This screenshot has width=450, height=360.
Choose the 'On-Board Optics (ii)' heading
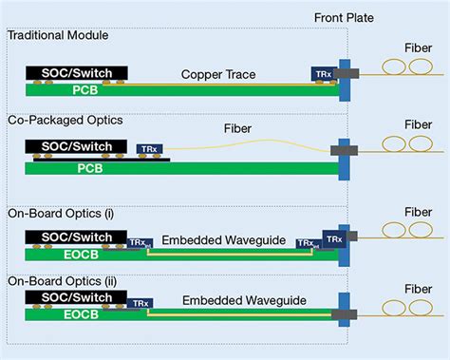pos(62,280)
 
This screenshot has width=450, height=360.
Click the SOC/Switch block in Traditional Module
pos(71,71)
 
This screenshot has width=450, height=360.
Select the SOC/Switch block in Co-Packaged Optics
pos(71,146)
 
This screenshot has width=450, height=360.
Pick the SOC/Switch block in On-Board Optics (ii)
pos(71,297)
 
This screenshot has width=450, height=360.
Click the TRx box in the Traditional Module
pos(323,73)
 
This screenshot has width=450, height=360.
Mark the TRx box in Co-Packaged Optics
pos(148,149)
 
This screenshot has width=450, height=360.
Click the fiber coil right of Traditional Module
pos(403,69)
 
